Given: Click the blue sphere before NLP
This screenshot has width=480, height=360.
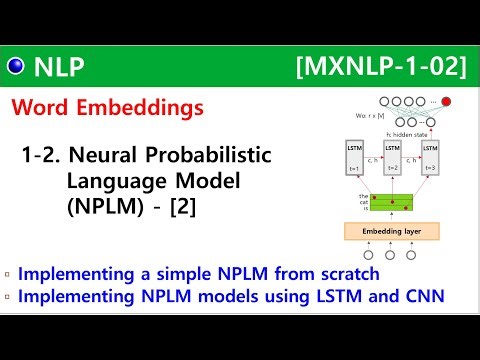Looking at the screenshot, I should (16, 67).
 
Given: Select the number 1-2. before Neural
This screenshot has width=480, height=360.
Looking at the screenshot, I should (45, 156).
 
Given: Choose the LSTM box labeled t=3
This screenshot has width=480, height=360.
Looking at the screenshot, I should (430, 160).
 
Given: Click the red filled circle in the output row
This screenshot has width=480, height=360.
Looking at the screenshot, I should (445, 102).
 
